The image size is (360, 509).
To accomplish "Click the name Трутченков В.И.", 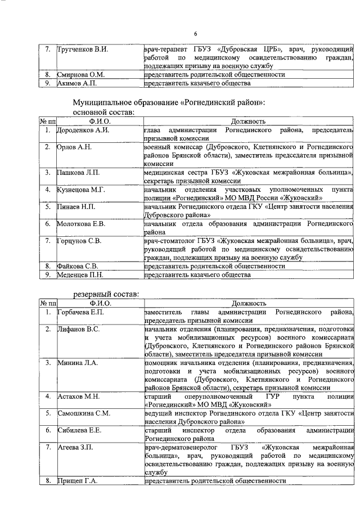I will (x=82, y=49).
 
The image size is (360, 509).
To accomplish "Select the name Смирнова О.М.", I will (x=80, y=74).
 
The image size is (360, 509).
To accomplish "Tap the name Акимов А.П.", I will (x=76, y=83).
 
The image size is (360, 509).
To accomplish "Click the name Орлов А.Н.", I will (x=74, y=147).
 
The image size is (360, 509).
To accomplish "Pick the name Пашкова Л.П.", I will (x=79, y=172).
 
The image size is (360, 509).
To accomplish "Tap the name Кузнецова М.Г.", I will (x=81, y=190).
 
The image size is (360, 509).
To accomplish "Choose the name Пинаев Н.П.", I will (x=77, y=206).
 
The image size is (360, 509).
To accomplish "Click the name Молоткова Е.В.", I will (x=81, y=223).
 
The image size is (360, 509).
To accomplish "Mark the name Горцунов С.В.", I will (x=79, y=241).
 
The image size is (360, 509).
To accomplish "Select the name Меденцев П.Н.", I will (x=80, y=274).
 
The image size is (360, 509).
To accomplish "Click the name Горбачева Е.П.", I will (x=81, y=312).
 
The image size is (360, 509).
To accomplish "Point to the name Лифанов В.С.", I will (x=78, y=328).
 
